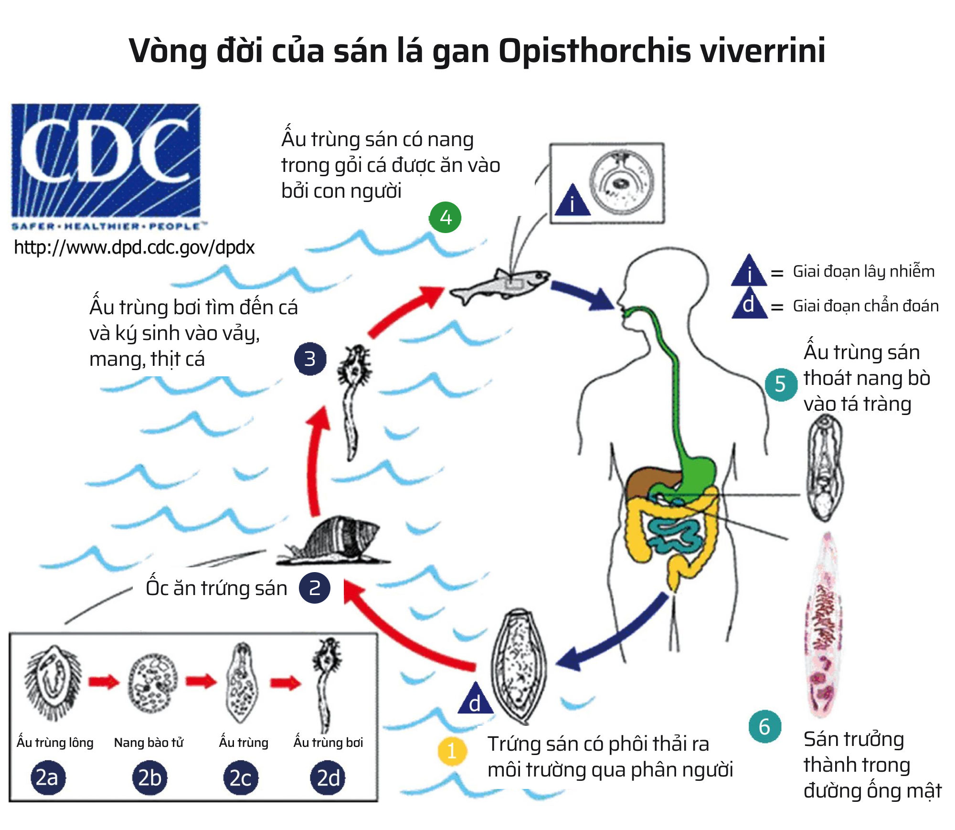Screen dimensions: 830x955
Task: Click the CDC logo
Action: [106, 162]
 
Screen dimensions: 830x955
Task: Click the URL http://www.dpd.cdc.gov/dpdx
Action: [134, 247]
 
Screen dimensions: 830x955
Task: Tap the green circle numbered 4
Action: [446, 218]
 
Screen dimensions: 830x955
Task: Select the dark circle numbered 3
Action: [310, 359]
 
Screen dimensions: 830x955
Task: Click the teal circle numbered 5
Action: [780, 384]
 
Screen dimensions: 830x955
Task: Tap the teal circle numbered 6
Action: [764, 727]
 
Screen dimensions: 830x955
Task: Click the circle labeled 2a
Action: [47, 778]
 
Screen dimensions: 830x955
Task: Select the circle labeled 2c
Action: [241, 778]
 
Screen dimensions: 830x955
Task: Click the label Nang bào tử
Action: [149, 743]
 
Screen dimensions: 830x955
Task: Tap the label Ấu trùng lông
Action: [55, 743]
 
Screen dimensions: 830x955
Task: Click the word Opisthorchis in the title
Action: [594, 51]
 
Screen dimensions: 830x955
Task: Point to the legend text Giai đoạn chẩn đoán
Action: [865, 306]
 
